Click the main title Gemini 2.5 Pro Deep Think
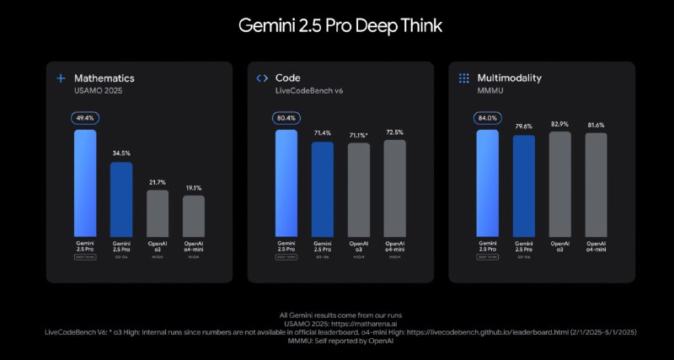[337, 25]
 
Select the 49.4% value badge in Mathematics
[85, 120]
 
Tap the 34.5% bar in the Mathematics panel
[121, 199]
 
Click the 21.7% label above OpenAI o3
[158, 182]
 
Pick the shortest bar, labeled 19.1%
[194, 215]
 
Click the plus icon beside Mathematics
[61, 78]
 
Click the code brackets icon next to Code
[262, 78]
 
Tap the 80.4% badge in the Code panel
[286, 120]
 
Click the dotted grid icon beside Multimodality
[463, 78]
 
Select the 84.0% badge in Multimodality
[488, 119]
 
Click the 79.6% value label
[524, 127]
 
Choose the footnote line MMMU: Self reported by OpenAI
[337, 341]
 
